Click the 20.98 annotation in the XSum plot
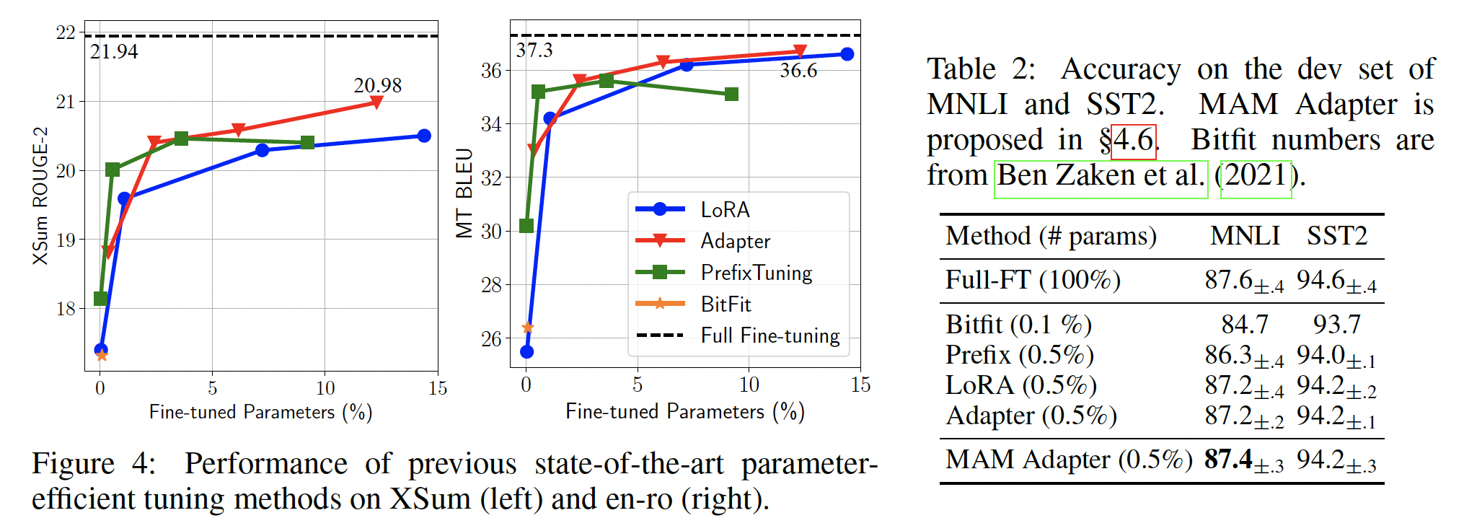point(377,85)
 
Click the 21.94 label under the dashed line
point(114,52)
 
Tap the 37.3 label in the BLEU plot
point(534,50)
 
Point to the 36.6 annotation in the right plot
point(798,71)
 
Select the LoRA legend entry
point(725,210)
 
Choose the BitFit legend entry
point(726,304)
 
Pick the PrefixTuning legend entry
point(756,273)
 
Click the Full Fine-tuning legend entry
point(770,336)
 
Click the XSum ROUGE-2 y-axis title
point(40,196)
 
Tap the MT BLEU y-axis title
point(464,193)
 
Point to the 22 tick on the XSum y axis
point(66,32)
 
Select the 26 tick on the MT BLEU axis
point(491,338)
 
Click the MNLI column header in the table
point(1245,236)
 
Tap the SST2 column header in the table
point(1337,236)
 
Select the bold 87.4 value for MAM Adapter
point(1228,459)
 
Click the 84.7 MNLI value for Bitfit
point(1245,325)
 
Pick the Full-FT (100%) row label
point(1033,280)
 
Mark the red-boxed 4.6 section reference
point(1134,140)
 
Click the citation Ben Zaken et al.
point(1101,175)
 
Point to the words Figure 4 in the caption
point(93,464)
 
